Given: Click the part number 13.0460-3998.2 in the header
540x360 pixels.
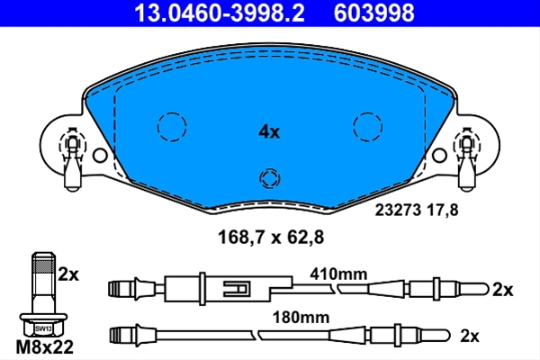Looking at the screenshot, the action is click(x=220, y=13).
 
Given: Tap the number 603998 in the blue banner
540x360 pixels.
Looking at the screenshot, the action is click(x=374, y=13).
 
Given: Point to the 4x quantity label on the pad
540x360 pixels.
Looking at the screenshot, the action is click(x=269, y=132).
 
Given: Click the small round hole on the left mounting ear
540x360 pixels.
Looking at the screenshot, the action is click(x=100, y=156).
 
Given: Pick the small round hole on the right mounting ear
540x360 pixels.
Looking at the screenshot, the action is click(x=439, y=156).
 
